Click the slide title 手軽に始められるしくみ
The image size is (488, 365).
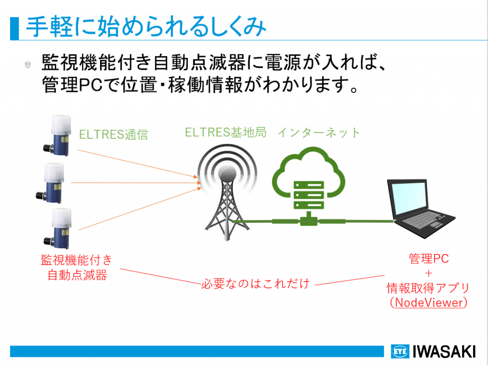tap(146, 27)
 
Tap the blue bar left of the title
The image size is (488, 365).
tap(14, 28)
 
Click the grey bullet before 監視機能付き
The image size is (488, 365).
tap(28, 64)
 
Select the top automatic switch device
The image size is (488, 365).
tap(57, 135)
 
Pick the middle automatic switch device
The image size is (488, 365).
tap(50, 183)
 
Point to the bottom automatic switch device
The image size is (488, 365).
tap(58, 229)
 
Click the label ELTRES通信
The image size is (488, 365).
tap(113, 135)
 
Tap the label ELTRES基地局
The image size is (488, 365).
tap(225, 132)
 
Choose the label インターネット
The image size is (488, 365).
tap(319, 133)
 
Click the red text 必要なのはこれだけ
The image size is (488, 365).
tap(255, 284)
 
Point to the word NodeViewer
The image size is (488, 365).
tap(428, 302)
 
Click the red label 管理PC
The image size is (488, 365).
tap(428, 258)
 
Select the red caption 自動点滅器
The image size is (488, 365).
tap(77, 275)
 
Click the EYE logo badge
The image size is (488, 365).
tap(400, 352)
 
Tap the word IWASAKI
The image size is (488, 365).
tap(444, 352)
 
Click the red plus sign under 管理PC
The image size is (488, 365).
tap(428, 274)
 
